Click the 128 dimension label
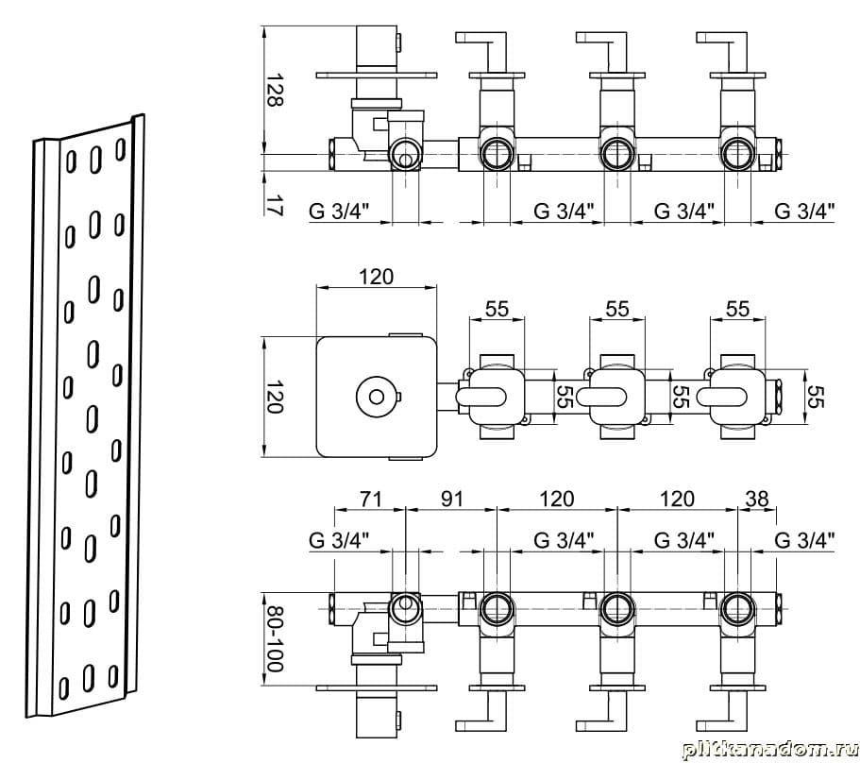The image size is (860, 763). point(275,91)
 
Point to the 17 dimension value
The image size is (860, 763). point(275,205)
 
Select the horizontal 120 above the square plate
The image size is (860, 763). point(377,277)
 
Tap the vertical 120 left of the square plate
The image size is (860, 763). point(275,398)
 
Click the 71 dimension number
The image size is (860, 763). point(371,500)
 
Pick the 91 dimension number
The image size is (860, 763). point(451,500)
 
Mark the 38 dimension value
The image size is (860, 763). point(757,500)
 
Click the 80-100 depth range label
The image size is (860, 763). point(275,638)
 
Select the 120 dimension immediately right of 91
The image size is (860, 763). point(557,500)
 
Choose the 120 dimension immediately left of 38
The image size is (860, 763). point(678,500)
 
